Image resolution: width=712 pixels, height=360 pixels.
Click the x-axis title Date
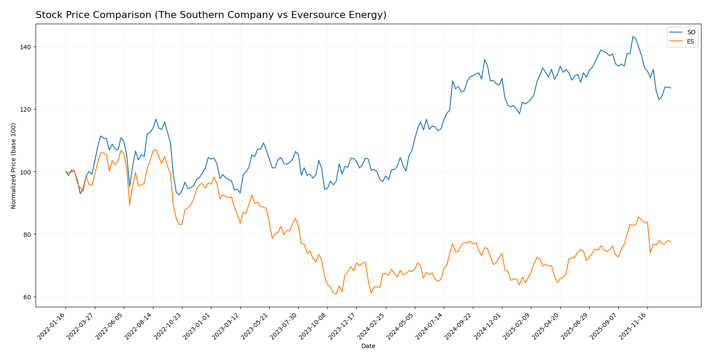pos(368,346)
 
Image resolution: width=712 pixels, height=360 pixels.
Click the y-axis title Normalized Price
pos(14,166)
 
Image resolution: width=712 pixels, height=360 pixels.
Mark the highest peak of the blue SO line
pos(632,36)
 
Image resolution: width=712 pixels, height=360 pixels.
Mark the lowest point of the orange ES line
pos(336,294)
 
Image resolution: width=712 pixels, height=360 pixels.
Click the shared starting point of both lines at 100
pos(65,171)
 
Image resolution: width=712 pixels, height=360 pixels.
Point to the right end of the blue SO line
pos(671,88)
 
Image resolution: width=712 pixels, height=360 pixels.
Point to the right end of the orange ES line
pos(671,242)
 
